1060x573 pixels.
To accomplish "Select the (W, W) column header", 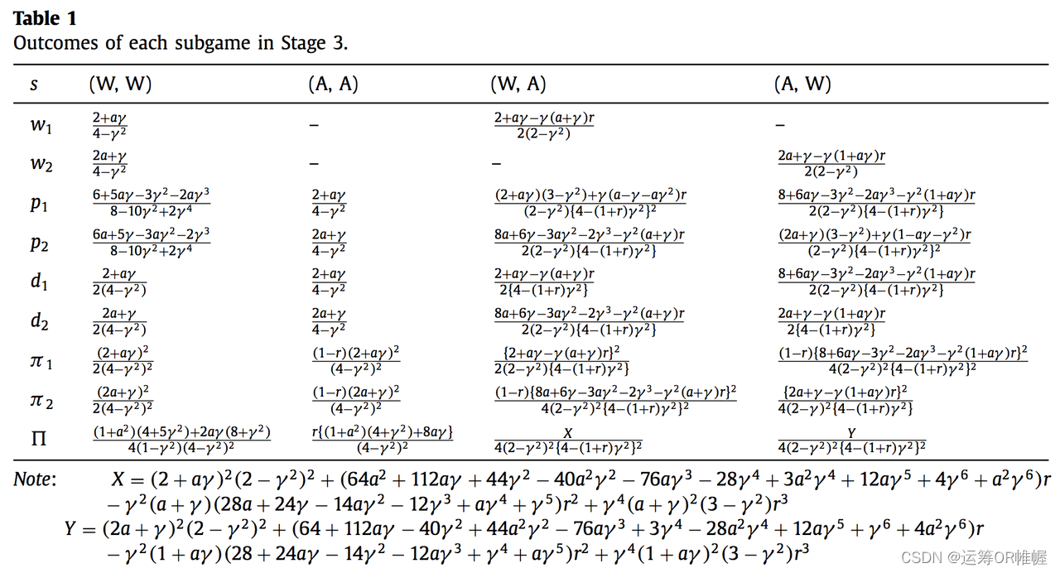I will (120, 84).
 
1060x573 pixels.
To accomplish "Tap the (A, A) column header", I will (332, 84).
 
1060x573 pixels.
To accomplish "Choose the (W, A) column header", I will (518, 84).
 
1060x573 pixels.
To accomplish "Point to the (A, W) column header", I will (802, 84).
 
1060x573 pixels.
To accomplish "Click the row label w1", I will (41, 125).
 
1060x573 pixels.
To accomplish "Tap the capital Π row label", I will (39, 439).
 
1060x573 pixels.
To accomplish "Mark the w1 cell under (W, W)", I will (109, 125).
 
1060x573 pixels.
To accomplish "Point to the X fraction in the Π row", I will (568, 440).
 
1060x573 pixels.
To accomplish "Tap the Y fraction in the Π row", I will (851, 440).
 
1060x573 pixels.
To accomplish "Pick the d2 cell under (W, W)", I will (120, 321).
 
